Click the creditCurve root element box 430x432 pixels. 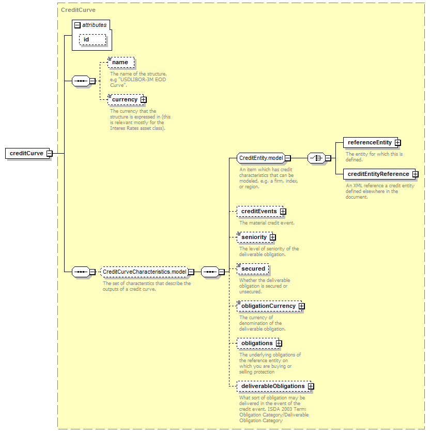(27, 153)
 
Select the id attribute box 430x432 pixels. (93, 40)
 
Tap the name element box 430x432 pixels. (121, 63)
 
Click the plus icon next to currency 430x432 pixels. (144, 100)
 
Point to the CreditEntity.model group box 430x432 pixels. (260, 158)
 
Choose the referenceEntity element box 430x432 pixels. (370, 142)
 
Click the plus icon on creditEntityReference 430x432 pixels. (416, 174)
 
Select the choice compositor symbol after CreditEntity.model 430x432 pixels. (316, 158)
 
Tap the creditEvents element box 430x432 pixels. (260, 211)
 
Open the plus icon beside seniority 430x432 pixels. (273, 237)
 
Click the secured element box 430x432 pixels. (253, 269)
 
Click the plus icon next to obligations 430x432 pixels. (279, 344)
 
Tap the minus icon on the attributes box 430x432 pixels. (78, 25)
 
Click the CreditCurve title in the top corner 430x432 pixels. (78, 10)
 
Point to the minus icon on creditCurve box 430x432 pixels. (50, 154)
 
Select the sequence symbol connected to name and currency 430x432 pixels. (81, 81)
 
